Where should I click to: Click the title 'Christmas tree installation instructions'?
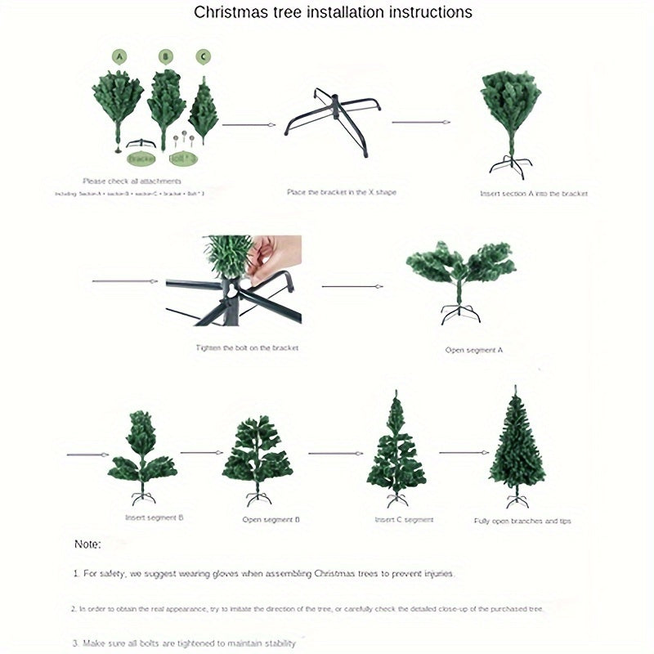[333, 12]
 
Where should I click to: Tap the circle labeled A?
[120, 56]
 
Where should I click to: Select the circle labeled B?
[166, 56]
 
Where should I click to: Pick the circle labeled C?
[203, 56]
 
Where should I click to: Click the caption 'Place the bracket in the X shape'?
[342, 192]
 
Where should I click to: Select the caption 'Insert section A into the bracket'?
[534, 194]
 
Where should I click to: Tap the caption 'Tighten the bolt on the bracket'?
[247, 347]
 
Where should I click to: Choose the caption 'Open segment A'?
[474, 349]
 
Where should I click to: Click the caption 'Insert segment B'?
[154, 517]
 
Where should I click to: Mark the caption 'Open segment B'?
[271, 519]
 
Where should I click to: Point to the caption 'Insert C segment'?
[404, 519]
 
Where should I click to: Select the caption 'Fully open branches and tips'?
[522, 521]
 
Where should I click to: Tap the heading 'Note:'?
[87, 544]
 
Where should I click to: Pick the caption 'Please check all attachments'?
[132, 181]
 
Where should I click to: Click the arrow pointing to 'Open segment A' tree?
[352, 287]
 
